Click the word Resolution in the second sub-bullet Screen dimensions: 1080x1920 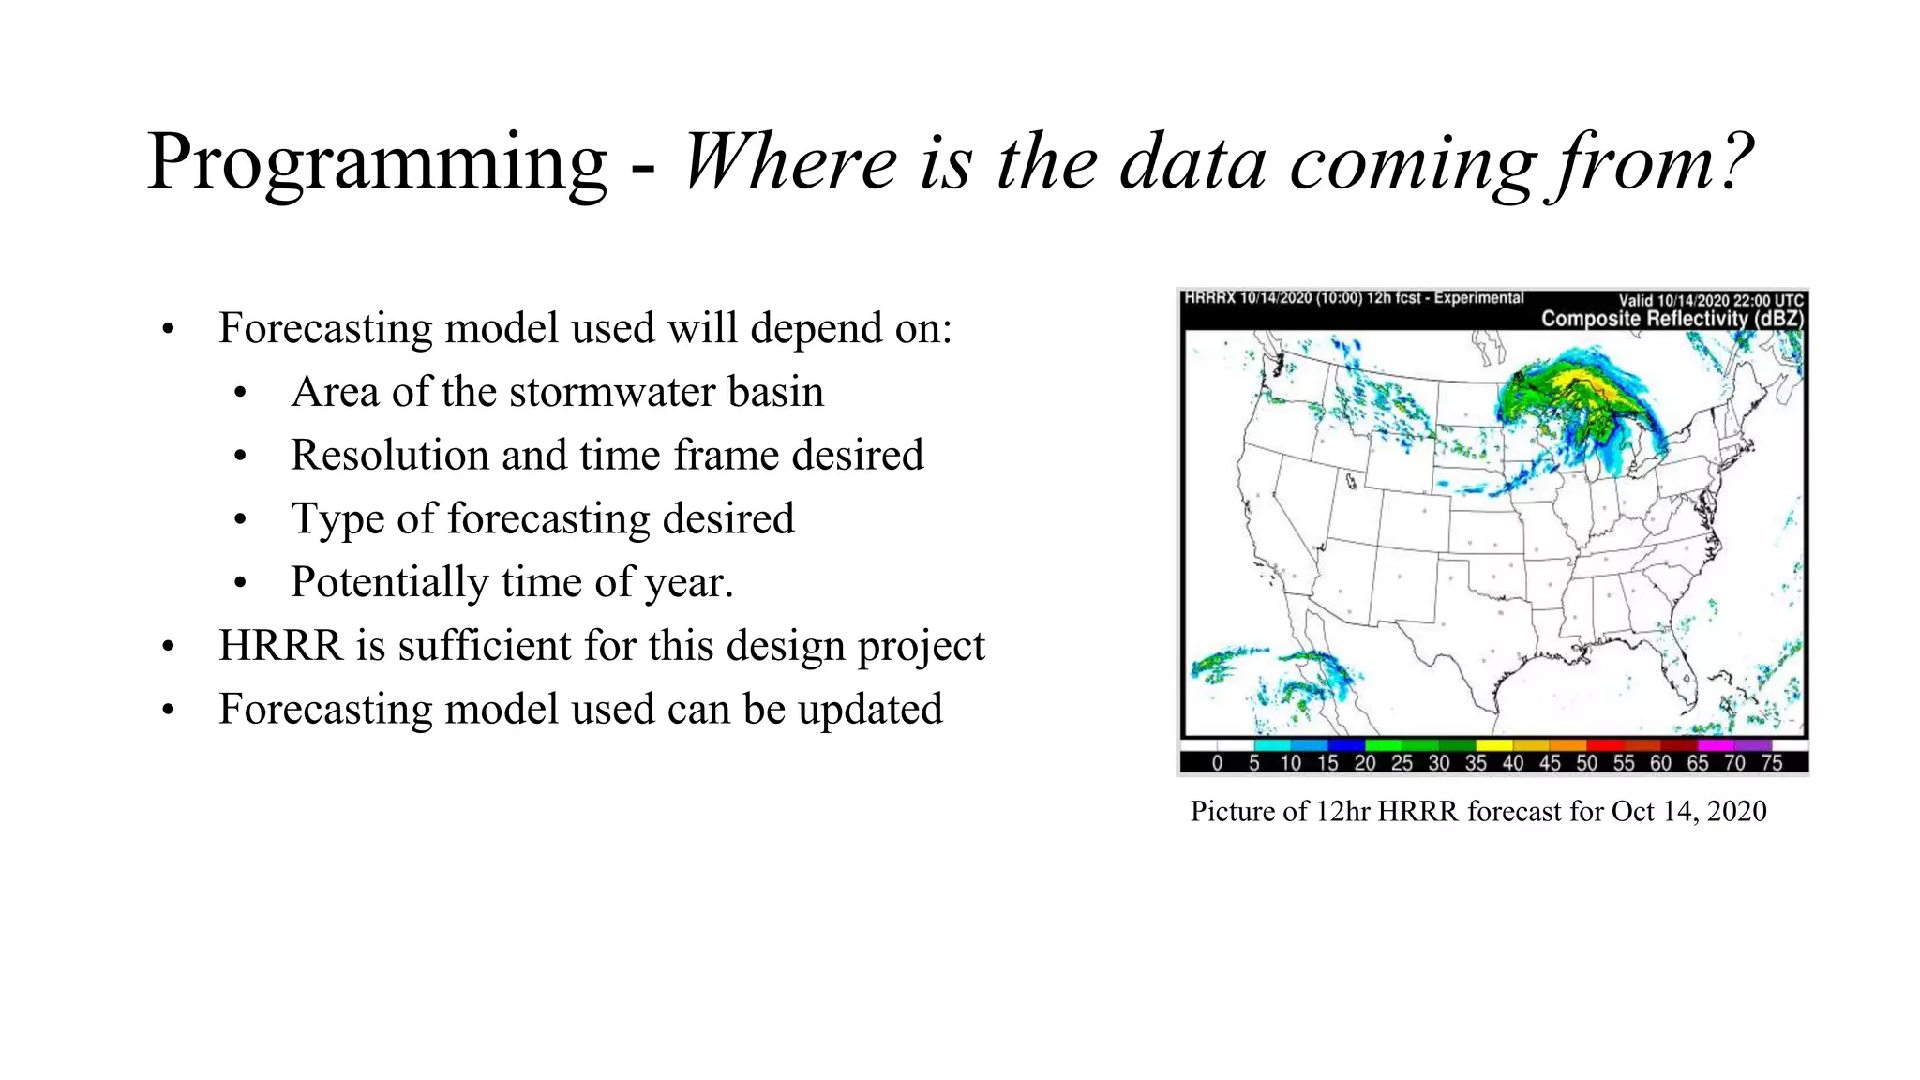389,456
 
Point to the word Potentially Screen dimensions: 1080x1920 389,583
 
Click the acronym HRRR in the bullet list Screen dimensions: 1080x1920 280,646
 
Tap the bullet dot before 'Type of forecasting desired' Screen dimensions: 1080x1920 241,519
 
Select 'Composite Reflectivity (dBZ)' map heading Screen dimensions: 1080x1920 1672,319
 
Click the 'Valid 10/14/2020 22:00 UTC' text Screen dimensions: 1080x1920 1710,301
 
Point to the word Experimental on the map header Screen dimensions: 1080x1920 1478,298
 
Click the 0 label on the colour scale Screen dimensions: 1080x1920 1217,763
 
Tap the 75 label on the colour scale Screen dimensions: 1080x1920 1771,763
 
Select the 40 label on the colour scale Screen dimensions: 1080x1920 1512,763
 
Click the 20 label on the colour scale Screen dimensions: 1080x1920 1364,763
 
